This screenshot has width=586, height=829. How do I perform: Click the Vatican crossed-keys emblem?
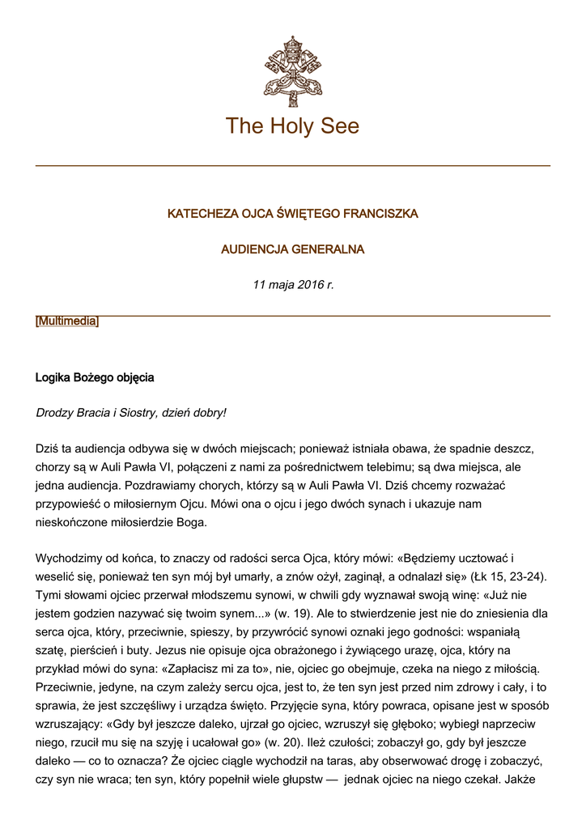point(292,70)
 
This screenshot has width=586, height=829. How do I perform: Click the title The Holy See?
point(292,126)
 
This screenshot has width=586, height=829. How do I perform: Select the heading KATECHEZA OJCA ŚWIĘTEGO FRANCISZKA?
point(292,214)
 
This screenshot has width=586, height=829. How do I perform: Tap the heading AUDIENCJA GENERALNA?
point(292,249)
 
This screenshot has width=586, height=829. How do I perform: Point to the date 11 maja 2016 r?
point(292,285)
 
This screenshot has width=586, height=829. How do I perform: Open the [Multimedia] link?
point(67,321)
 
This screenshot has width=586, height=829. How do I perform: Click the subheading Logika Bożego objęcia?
point(95,378)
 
